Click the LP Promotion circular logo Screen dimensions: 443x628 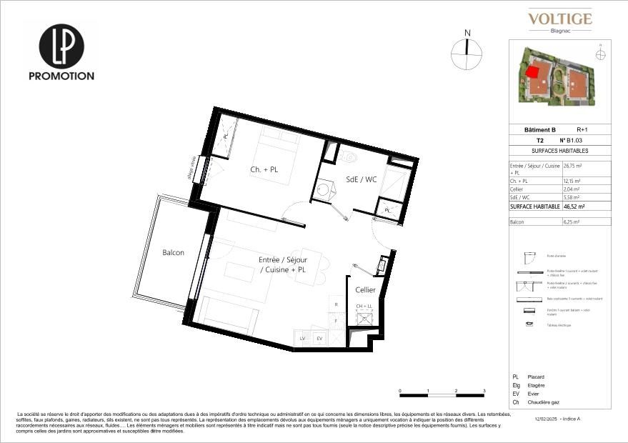(x=61, y=46)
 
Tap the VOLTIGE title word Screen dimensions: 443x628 (x=560, y=19)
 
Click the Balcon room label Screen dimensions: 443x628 (x=173, y=253)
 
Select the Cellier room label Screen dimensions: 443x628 (x=366, y=289)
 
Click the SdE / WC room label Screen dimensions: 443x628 (x=361, y=179)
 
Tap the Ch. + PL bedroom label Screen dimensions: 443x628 (x=265, y=169)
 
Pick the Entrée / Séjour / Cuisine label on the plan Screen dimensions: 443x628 (x=282, y=265)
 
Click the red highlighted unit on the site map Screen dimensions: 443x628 (x=532, y=71)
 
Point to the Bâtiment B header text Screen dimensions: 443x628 (x=539, y=129)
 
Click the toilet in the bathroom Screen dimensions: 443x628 (x=348, y=154)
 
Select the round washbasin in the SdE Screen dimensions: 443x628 (x=323, y=189)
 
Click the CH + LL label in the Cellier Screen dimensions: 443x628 (x=365, y=307)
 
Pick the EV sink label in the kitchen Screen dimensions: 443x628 (x=319, y=338)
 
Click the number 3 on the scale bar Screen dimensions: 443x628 (x=484, y=391)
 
